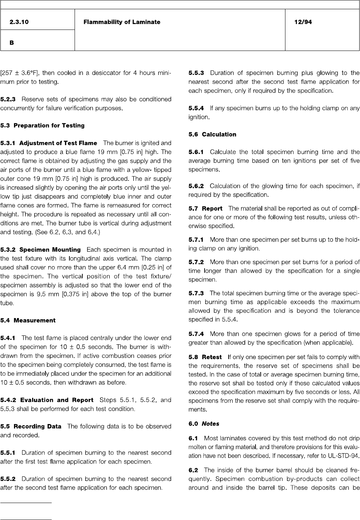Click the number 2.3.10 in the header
pos(19,22)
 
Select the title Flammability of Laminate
pos(122,22)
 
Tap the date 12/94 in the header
pos(303,22)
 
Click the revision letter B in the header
pos(12,43)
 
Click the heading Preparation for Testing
pos(49,125)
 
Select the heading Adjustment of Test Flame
pos(58,143)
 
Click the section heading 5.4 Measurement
pos(28,320)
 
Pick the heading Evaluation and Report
pos(56,400)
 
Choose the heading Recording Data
pos(37,426)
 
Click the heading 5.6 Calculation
pos(212,134)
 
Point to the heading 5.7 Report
pos(205,209)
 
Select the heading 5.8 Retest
pos(205,357)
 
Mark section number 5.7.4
pos(196,334)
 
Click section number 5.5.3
pos(196,73)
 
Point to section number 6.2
pos(193,470)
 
